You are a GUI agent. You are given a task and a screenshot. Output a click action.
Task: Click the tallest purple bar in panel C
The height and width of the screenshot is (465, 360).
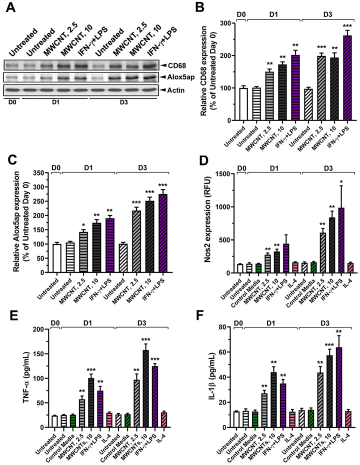[166, 234]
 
